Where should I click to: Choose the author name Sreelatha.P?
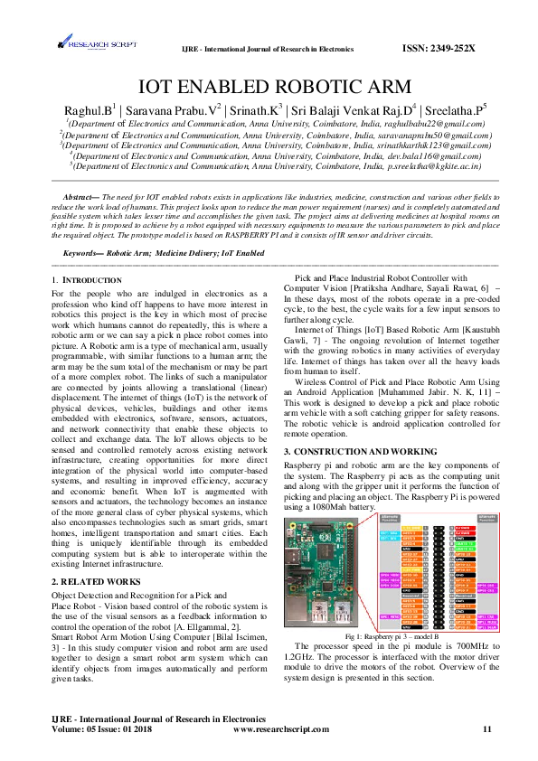456,110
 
